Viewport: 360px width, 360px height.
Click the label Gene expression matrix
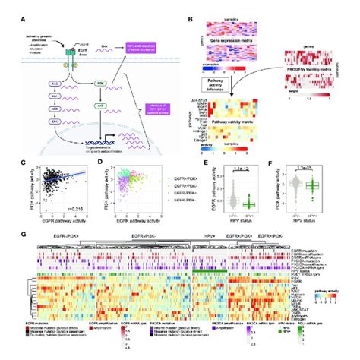point(226,46)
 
